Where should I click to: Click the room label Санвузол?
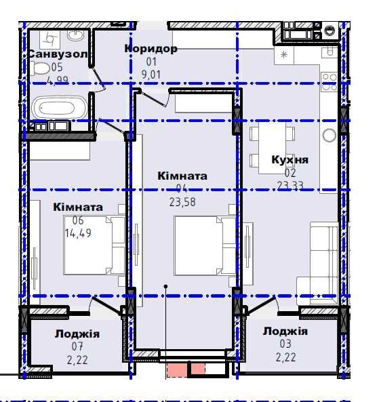tap(58, 54)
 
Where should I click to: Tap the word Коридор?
tap(151, 48)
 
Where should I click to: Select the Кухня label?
tap(290, 159)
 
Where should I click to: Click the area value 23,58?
tap(182, 202)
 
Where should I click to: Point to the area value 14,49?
tap(78, 233)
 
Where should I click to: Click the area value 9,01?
tap(151, 75)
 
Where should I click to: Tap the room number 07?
tap(77, 346)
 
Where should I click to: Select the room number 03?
tap(285, 344)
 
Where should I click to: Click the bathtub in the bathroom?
tap(60, 107)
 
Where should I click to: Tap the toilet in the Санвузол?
tap(41, 68)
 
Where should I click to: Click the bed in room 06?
tap(95, 245)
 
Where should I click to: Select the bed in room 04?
tap(205, 245)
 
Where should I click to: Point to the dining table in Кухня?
tap(272, 148)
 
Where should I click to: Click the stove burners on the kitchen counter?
tap(330, 82)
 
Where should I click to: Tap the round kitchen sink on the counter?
tap(330, 136)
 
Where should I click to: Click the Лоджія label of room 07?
tap(77, 334)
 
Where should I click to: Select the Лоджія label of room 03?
tap(285, 331)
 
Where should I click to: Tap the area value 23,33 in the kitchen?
tap(290, 185)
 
